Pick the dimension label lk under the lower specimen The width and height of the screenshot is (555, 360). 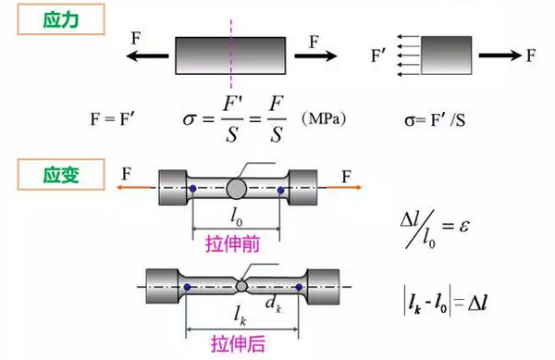240,315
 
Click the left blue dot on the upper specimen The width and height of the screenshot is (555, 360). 192,190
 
